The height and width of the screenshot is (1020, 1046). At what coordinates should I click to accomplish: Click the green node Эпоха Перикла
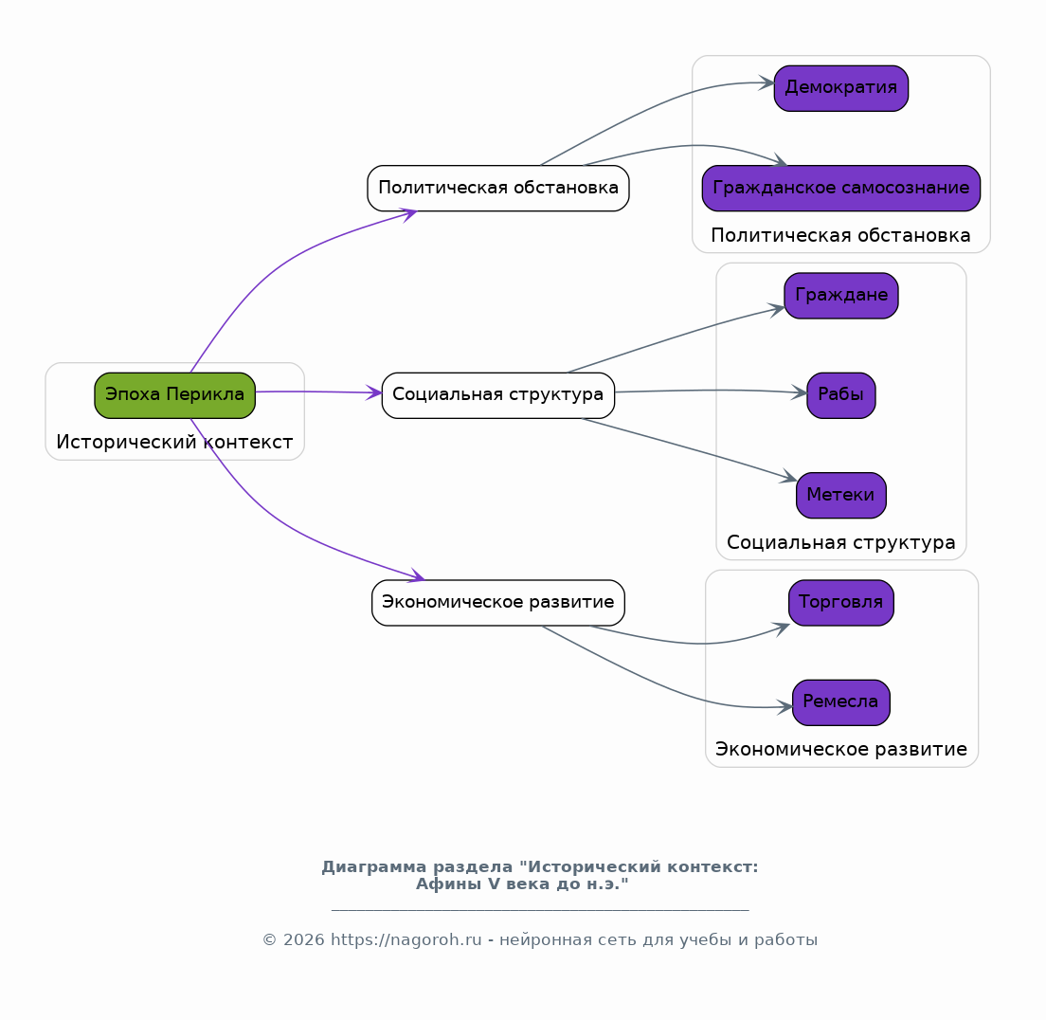tap(174, 395)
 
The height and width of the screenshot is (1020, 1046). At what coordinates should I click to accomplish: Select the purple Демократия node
tap(840, 88)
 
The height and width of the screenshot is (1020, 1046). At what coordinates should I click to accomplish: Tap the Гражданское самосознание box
tap(840, 189)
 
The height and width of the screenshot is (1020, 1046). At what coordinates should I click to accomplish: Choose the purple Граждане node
tap(840, 295)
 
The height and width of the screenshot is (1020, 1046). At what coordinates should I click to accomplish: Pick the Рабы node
tap(840, 395)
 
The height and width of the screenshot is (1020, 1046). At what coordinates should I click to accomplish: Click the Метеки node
tap(840, 496)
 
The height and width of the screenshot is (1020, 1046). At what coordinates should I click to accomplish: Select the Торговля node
tap(840, 602)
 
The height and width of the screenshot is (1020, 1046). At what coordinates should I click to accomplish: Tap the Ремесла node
tap(840, 702)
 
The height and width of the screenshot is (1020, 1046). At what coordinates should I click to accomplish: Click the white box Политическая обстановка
tap(497, 189)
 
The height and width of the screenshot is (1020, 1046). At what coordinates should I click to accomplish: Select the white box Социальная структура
tap(497, 395)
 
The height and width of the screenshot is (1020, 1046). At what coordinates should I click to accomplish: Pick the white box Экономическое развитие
tap(497, 602)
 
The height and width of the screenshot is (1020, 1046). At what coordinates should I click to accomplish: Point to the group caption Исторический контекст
tap(174, 442)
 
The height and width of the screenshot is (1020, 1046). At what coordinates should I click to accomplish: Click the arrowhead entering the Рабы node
tap(799, 392)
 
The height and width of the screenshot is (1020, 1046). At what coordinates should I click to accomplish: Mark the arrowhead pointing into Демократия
tap(766, 83)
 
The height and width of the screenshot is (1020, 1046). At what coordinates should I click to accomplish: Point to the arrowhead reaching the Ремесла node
tap(784, 707)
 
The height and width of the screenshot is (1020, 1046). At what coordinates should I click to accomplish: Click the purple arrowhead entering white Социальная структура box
tap(374, 392)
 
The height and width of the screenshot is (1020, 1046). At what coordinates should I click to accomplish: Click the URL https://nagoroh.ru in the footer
tap(406, 939)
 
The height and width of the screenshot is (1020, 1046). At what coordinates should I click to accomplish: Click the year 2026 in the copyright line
tap(303, 939)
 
